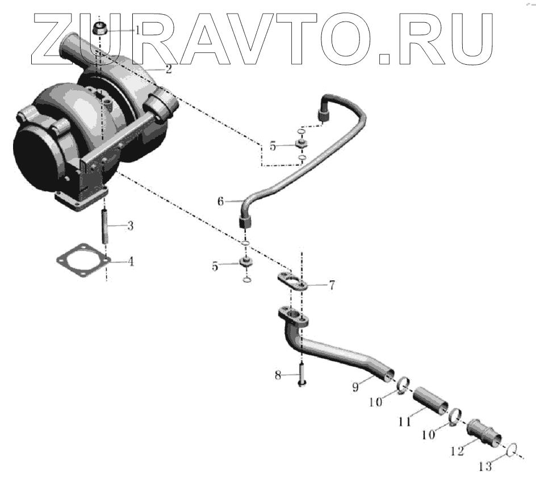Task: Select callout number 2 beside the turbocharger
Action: coord(168,70)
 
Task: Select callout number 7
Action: coord(331,286)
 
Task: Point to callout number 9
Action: coord(355,387)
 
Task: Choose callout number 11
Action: coord(404,422)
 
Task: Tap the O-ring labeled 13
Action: coord(511,449)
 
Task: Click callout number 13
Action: coord(485,467)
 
